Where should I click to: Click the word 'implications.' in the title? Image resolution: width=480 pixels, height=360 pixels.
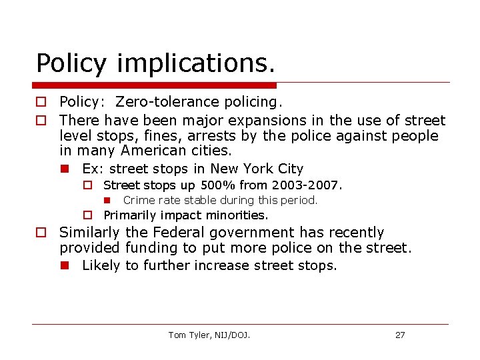coord(195,63)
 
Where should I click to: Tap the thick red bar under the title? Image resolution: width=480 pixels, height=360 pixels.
coord(154,85)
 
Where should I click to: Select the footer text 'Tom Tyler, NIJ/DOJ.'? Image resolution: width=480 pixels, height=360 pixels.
coord(209,335)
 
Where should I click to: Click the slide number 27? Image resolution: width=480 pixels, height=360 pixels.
coord(400,335)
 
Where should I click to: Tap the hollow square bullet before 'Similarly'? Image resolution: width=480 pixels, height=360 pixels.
coord(41,233)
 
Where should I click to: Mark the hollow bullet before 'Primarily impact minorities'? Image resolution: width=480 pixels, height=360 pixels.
coord(87,215)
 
